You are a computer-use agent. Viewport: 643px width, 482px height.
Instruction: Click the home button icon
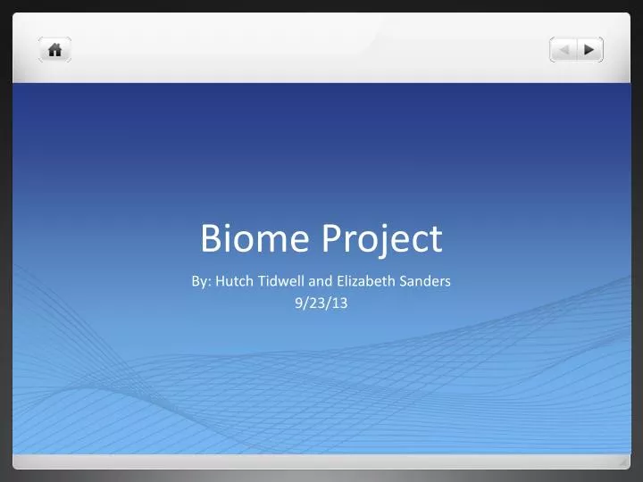54,50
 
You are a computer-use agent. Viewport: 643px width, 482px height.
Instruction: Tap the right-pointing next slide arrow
589,50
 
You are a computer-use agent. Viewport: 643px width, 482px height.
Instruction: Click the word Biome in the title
255,238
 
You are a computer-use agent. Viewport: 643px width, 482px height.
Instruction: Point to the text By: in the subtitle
201,280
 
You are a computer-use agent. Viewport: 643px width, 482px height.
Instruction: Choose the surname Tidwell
281,280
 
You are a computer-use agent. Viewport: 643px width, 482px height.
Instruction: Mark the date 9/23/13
321,303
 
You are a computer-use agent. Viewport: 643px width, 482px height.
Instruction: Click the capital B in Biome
212,238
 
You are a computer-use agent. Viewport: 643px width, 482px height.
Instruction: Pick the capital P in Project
331,238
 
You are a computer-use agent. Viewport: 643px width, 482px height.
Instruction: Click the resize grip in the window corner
622,461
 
